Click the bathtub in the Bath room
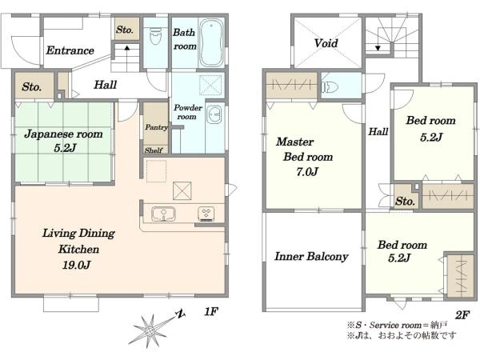pyautogui.click(x=211, y=42)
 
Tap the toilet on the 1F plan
pyautogui.click(x=155, y=36)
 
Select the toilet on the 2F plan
pyautogui.click(x=329, y=87)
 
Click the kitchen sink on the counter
pyautogui.click(x=163, y=214)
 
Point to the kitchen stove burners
pyautogui.click(x=206, y=213)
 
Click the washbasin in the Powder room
pyautogui.click(x=214, y=114)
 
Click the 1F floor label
pyautogui.click(x=211, y=311)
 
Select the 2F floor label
pyautogui.click(x=462, y=314)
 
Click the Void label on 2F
pyautogui.click(x=326, y=43)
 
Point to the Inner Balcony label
pyautogui.click(x=311, y=256)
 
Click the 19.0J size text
pyautogui.click(x=76, y=265)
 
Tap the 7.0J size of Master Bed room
pyautogui.click(x=307, y=172)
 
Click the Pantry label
pyautogui.click(x=157, y=127)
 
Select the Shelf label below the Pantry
pyautogui.click(x=154, y=150)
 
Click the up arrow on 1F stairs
pyautogui.click(x=127, y=48)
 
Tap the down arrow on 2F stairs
pyautogui.click(x=378, y=48)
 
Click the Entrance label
pyautogui.click(x=70, y=50)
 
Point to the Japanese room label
pyautogui.click(x=63, y=134)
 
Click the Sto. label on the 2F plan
pyautogui.click(x=405, y=201)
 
